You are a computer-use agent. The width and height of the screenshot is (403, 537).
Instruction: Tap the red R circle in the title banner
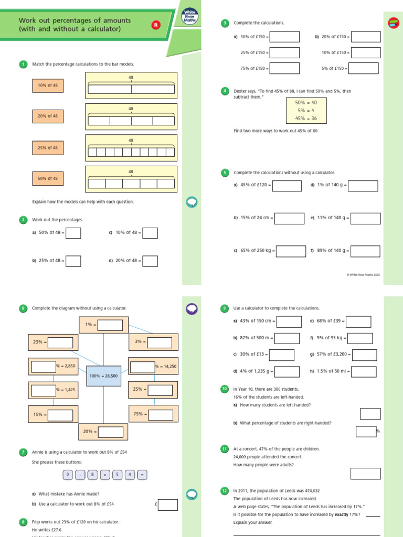[155, 25]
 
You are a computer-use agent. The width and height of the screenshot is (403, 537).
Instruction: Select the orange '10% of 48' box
[48, 85]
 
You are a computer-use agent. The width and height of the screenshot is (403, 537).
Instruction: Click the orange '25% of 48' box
[48, 147]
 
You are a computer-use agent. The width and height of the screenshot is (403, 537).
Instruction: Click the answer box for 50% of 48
[73, 233]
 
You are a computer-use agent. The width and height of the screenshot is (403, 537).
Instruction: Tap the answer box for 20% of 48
[150, 261]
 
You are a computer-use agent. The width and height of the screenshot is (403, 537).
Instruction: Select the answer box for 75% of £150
[284, 68]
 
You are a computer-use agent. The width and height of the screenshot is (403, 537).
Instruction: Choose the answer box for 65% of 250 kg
[291, 251]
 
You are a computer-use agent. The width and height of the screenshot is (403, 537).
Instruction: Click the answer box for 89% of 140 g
[365, 251]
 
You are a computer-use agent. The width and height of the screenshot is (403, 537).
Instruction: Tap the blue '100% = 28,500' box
[103, 376]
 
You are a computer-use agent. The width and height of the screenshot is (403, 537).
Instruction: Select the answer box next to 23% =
[60, 342]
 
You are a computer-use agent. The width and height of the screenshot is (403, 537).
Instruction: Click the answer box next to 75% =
[160, 414]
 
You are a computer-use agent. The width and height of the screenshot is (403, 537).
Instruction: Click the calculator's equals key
[142, 475]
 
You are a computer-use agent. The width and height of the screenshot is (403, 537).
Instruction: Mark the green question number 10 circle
[225, 389]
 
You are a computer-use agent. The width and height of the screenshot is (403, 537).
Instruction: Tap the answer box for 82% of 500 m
[287, 338]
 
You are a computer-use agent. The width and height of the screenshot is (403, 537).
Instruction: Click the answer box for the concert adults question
[365, 474]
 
